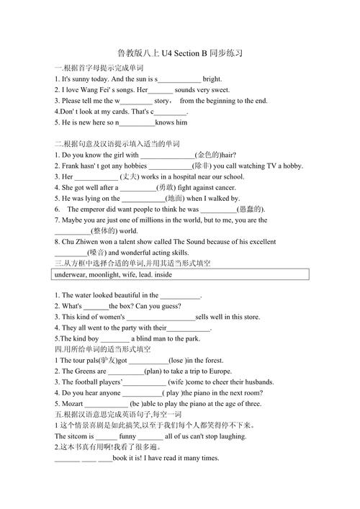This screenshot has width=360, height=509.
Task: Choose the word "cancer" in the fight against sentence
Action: coord(211,187)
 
